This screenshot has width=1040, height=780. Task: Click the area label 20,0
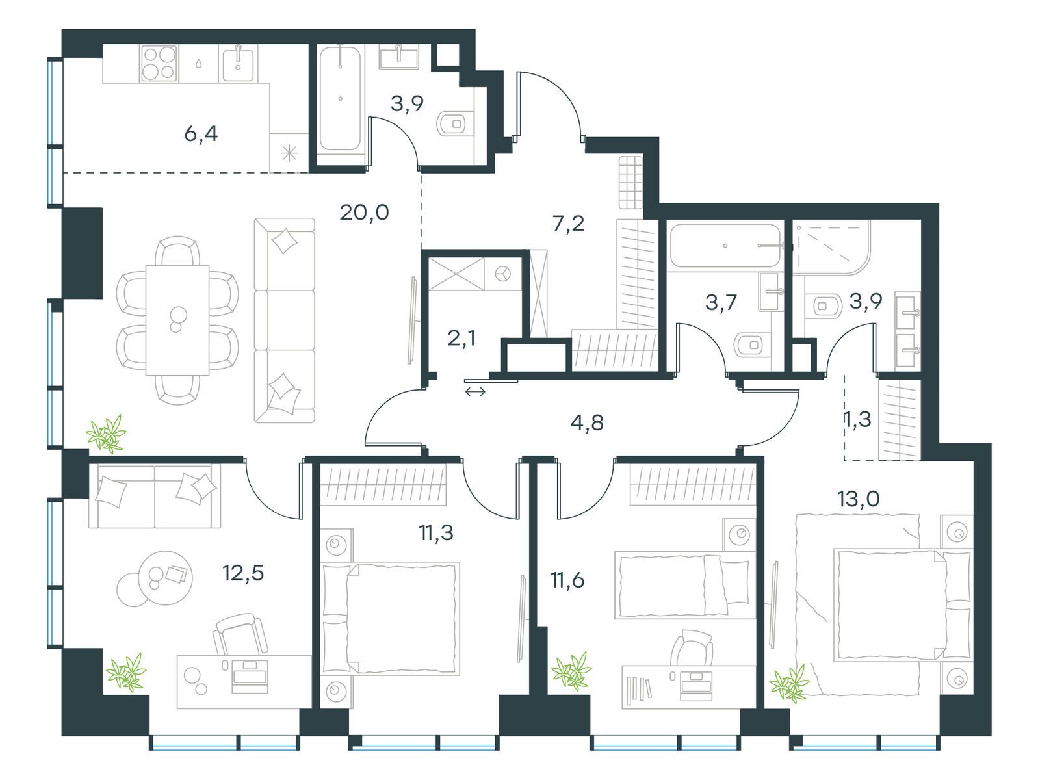[364, 213]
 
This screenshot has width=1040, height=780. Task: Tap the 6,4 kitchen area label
[201, 135]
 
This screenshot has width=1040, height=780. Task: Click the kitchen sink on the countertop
[239, 63]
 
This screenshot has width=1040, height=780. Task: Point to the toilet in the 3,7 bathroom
[751, 344]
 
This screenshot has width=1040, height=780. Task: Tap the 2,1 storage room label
[462, 338]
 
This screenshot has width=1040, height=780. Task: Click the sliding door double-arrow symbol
[475, 391]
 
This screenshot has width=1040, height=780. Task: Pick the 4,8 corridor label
[587, 423]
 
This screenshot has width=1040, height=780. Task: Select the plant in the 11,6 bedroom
[572, 671]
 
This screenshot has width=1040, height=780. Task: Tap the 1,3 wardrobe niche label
[857, 420]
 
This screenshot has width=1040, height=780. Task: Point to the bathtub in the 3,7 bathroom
[725, 246]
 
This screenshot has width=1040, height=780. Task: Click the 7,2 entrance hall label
[568, 224]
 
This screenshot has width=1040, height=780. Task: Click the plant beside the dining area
[107, 434]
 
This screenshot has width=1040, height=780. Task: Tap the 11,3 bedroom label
[436, 534]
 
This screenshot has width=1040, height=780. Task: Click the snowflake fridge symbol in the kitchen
[289, 153]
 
